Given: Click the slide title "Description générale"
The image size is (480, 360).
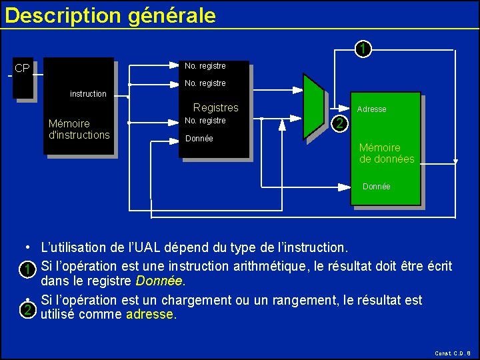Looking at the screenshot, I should click(x=110, y=15).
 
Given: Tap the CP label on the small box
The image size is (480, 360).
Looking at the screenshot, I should click(x=22, y=69).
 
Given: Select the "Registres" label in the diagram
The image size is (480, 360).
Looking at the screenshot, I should click(x=215, y=107).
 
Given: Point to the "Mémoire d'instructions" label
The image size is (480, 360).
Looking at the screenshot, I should click(x=79, y=129).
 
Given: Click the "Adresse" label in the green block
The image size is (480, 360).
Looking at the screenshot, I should click(x=371, y=109).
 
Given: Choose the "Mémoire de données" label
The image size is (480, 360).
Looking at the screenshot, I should click(x=387, y=153).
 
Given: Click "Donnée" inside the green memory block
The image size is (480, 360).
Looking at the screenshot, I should click(x=377, y=187).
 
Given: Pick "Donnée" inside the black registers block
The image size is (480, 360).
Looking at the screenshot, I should click(x=199, y=139).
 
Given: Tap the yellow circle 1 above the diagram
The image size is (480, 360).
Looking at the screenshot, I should click(x=361, y=49).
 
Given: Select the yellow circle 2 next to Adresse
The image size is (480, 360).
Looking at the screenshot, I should click(x=340, y=123).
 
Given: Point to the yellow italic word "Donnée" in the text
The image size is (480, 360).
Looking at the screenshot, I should click(x=159, y=281).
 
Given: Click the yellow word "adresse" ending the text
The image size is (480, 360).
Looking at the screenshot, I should click(x=150, y=315).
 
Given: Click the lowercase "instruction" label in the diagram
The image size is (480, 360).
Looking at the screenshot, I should click(x=88, y=94).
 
